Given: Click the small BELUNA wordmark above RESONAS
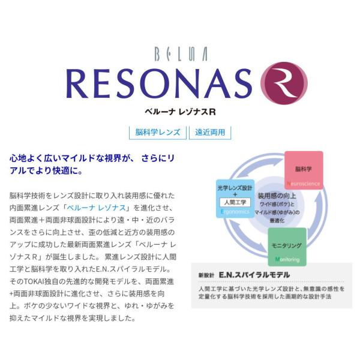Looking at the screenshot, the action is [x=181, y=54].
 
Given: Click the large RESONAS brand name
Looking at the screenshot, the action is [x=159, y=84].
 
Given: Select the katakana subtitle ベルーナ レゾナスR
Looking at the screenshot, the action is [x=180, y=112].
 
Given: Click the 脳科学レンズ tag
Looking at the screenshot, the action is [x=158, y=133].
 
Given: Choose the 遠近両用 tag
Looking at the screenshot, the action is [x=210, y=133].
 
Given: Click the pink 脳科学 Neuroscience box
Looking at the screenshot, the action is [x=304, y=170].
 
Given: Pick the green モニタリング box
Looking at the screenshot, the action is [x=287, y=247].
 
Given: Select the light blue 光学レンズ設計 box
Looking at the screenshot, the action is [x=235, y=199].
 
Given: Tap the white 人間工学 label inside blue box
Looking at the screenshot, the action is [x=235, y=203].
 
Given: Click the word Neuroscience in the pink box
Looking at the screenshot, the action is [x=303, y=184].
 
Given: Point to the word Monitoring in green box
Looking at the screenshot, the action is [x=287, y=259].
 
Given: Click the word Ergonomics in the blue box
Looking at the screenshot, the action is [x=235, y=211].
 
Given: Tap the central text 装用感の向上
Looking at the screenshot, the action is [x=277, y=196].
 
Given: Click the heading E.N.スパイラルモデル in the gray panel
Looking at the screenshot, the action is [x=254, y=275].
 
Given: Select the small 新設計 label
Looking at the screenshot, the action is [x=206, y=275].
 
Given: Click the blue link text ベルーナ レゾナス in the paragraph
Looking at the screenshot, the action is [x=97, y=208].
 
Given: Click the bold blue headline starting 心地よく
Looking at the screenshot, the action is [x=92, y=164].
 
